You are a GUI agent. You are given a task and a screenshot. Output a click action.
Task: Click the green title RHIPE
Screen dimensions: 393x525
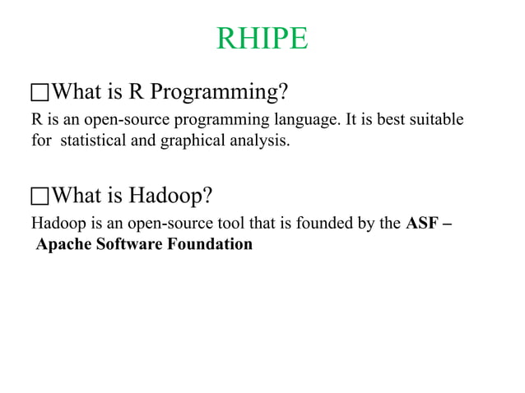coord(262,39)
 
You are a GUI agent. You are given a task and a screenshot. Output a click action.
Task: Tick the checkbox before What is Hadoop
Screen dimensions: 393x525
coord(40,196)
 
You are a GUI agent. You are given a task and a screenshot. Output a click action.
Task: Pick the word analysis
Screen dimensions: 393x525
coord(257,141)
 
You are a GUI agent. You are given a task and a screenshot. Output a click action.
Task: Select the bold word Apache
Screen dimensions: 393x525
coord(62,244)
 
